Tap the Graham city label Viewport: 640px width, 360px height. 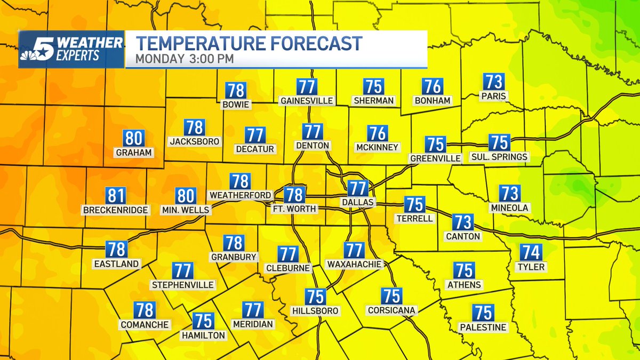pos(133,153)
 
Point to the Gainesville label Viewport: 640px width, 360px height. pos(307,100)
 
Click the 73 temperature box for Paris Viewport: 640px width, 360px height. pos(493,82)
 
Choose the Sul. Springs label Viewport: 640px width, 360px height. pos(499,157)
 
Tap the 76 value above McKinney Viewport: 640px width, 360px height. pos(378,133)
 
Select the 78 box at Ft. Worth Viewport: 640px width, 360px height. pos(294,195)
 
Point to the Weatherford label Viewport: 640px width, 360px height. pos(241,195)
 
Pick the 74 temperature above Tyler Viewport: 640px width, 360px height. pos(531,252)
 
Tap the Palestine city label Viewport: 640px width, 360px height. pos(484,327)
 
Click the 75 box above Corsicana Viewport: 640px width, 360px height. pos(391,295)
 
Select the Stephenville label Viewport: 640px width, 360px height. pos(183,285)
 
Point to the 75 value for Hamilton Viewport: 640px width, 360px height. pos(203,321)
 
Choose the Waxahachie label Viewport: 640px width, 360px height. pos(354,264)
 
